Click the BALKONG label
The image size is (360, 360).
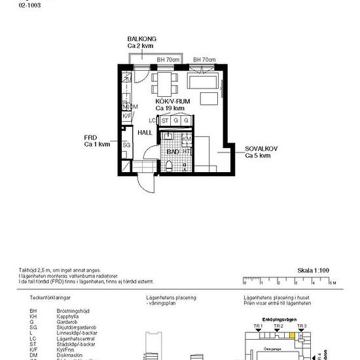pos(142,39)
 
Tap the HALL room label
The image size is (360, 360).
pos(145,132)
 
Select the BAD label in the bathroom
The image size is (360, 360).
pos(173,151)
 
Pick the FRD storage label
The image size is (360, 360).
pos(90,137)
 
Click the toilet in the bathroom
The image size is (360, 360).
pos(170,166)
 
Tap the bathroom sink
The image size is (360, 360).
pos(168,139)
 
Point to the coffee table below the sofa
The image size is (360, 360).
pos(209,98)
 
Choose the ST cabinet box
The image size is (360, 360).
pos(166,121)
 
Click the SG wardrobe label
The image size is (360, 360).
pos(126,145)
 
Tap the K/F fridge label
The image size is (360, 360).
pos(126,116)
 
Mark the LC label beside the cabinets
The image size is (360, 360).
pos(152,121)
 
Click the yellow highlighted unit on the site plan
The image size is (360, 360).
pos(291,334)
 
